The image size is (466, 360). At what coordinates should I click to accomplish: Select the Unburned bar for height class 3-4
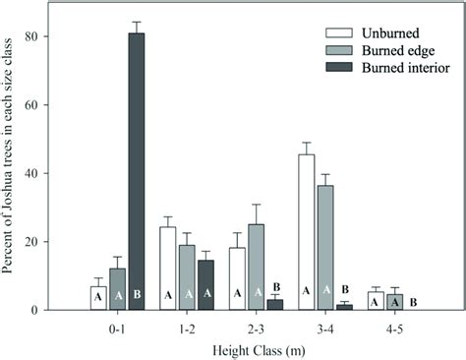307,232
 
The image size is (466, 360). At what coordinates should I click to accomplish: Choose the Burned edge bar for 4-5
394,302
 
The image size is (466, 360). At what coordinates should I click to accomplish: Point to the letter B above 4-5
413,302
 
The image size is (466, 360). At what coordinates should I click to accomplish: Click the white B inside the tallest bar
137,294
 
